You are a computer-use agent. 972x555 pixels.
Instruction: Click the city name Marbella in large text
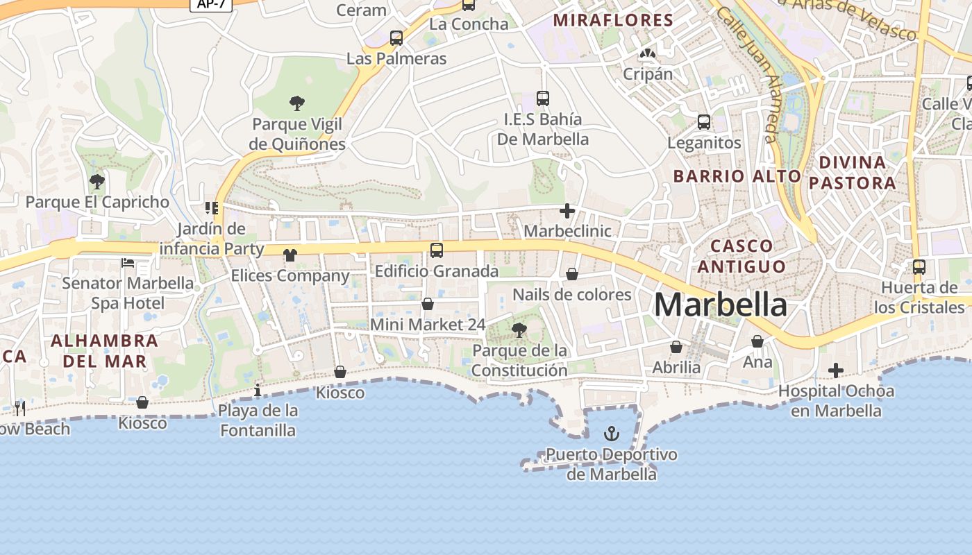tap(721, 305)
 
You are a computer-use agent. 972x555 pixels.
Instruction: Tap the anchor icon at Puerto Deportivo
tap(611, 434)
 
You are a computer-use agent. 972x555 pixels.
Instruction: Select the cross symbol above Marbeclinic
tap(567, 210)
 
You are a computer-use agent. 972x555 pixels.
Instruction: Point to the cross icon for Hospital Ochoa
tap(836, 370)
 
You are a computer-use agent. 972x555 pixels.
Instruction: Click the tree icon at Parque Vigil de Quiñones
tap(297, 104)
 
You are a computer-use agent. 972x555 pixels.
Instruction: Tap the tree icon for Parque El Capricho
tap(97, 182)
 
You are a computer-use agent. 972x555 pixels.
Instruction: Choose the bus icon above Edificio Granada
tap(437, 250)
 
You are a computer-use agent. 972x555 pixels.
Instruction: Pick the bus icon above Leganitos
tap(704, 122)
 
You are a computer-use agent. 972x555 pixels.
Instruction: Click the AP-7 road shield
tap(211, 4)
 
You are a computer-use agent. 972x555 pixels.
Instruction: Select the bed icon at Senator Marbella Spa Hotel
tap(128, 262)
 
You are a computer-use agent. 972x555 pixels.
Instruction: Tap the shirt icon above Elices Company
tap(290, 255)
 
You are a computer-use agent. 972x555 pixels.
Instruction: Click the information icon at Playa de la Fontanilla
tap(258, 390)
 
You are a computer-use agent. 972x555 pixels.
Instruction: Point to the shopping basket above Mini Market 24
tap(428, 304)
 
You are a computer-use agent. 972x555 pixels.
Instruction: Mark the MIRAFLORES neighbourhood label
tap(613, 20)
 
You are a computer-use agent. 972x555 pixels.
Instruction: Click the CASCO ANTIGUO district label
tap(741, 255)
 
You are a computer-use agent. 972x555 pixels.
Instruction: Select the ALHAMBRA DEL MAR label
tap(105, 350)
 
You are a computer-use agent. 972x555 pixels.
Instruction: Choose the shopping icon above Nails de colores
tap(572, 275)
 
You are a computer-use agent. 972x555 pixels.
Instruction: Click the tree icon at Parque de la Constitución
tap(519, 330)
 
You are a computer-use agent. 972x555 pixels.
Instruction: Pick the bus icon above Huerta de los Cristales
tap(919, 266)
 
